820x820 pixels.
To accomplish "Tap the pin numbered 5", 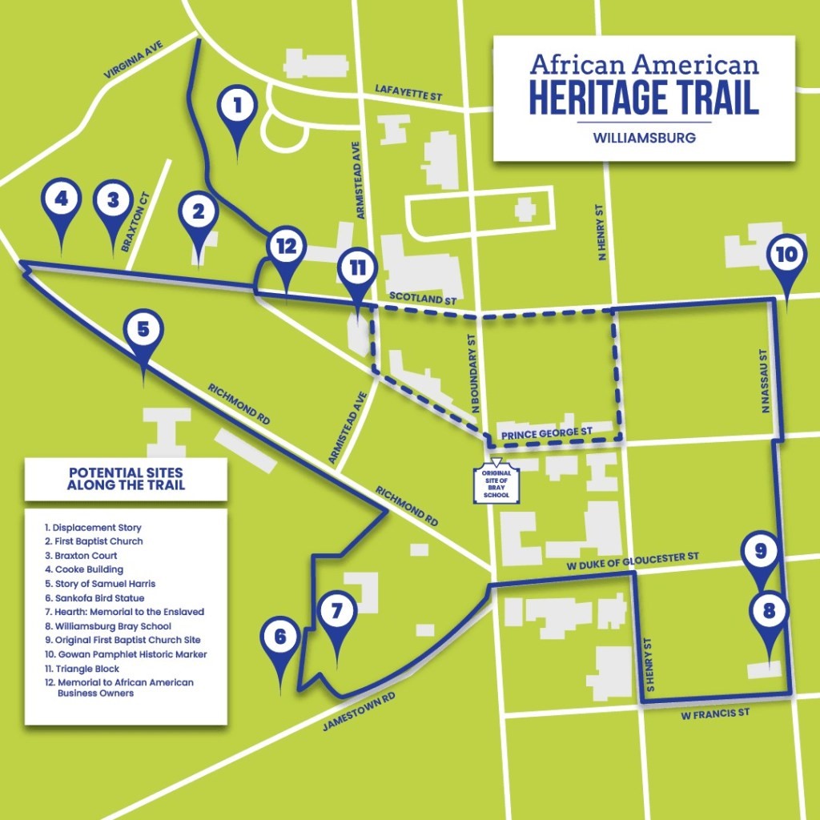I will pos(143,330).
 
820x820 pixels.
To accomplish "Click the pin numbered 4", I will pos(61,199).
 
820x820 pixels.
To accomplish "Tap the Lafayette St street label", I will pos(408,94).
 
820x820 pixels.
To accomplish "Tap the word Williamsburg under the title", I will pos(644,138).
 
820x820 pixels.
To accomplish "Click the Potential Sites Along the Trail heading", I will pos(126,478).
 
